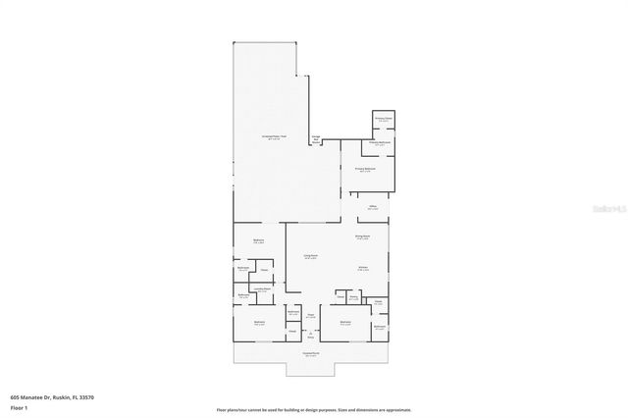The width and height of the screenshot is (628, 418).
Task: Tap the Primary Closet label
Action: point(383,119)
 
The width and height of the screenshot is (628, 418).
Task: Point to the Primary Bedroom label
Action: point(366,170)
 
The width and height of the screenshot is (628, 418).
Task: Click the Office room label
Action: point(373,207)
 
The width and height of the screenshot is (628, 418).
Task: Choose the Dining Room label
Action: point(361,236)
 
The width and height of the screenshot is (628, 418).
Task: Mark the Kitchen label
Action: point(362,267)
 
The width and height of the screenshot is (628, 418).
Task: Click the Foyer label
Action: point(310,316)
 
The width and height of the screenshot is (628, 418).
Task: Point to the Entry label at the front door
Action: point(310,337)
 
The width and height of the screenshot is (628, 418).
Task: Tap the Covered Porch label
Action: point(310,354)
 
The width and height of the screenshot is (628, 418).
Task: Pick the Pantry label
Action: point(353,296)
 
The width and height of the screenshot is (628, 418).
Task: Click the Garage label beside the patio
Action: point(316,137)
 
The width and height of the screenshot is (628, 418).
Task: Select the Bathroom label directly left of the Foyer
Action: point(293,313)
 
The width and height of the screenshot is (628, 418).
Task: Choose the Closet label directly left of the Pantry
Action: point(340,296)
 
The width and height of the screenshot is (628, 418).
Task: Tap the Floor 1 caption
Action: point(20,407)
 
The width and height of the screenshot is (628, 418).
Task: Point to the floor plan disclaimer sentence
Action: point(314,409)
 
